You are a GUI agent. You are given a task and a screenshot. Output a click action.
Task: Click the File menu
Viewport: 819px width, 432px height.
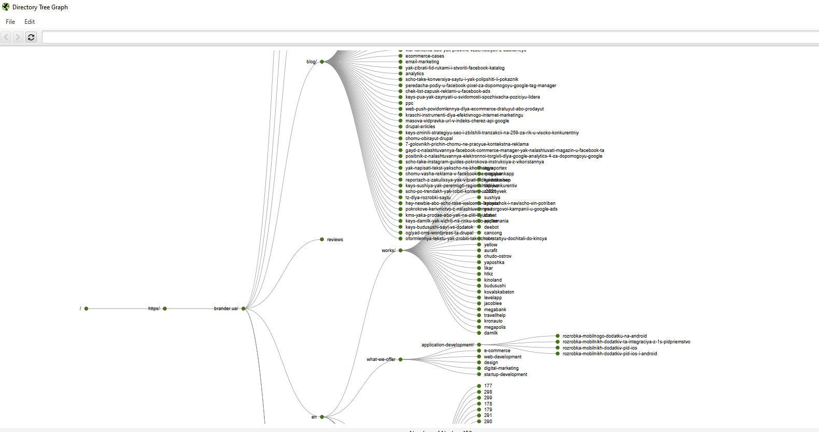coord(10,22)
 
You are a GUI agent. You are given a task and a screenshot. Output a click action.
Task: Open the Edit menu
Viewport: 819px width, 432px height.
coord(30,22)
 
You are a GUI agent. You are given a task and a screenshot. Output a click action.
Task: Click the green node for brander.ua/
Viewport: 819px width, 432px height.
coord(244,309)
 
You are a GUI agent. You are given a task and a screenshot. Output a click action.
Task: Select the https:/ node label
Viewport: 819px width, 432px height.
coord(154,309)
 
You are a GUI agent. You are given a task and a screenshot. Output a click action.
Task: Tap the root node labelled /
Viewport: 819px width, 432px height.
coord(86,309)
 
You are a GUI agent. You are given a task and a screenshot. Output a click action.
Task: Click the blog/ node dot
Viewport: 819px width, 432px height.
coord(322,62)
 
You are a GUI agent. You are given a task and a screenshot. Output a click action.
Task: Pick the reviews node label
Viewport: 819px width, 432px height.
coord(335,240)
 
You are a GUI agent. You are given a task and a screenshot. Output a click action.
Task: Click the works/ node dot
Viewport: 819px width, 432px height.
coord(401,250)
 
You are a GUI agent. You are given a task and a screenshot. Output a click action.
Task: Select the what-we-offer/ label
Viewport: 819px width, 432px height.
coord(381,359)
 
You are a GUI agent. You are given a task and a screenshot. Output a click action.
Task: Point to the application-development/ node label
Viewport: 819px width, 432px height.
coord(447,345)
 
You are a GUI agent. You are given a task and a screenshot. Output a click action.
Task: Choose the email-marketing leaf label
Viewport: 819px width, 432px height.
coord(422,62)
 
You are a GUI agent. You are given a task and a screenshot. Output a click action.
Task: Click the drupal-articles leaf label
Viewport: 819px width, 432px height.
coord(420,127)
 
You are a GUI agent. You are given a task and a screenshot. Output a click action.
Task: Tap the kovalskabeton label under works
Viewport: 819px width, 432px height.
coord(499,292)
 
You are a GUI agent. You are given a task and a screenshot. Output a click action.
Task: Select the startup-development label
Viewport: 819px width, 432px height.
coord(505,374)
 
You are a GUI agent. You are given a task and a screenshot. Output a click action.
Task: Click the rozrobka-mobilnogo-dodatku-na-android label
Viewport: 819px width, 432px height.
coord(604,336)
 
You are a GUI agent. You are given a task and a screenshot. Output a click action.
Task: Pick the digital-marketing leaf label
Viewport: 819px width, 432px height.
coord(501,368)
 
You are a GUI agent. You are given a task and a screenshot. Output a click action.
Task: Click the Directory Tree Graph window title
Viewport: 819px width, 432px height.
coord(40,7)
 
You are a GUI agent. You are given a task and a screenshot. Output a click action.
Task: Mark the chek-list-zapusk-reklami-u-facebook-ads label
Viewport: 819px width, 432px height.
coord(447,91)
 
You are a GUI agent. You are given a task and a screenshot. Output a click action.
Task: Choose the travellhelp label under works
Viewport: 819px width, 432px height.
coord(495,315)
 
